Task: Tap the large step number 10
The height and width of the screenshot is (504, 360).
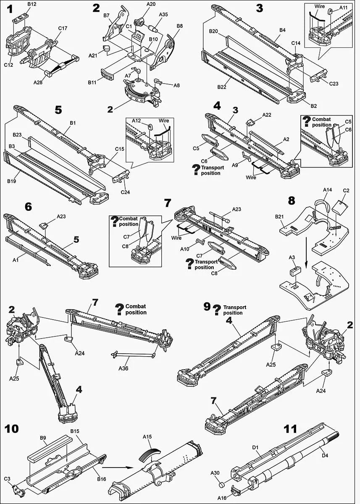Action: point(12,429)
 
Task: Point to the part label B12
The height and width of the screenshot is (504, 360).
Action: point(32,4)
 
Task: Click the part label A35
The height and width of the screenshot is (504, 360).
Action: point(164,14)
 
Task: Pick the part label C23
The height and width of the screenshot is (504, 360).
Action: point(334,84)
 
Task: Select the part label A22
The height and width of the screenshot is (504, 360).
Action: point(267,115)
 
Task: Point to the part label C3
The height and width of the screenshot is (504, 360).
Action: point(7,478)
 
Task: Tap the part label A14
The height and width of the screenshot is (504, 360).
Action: point(328,190)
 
